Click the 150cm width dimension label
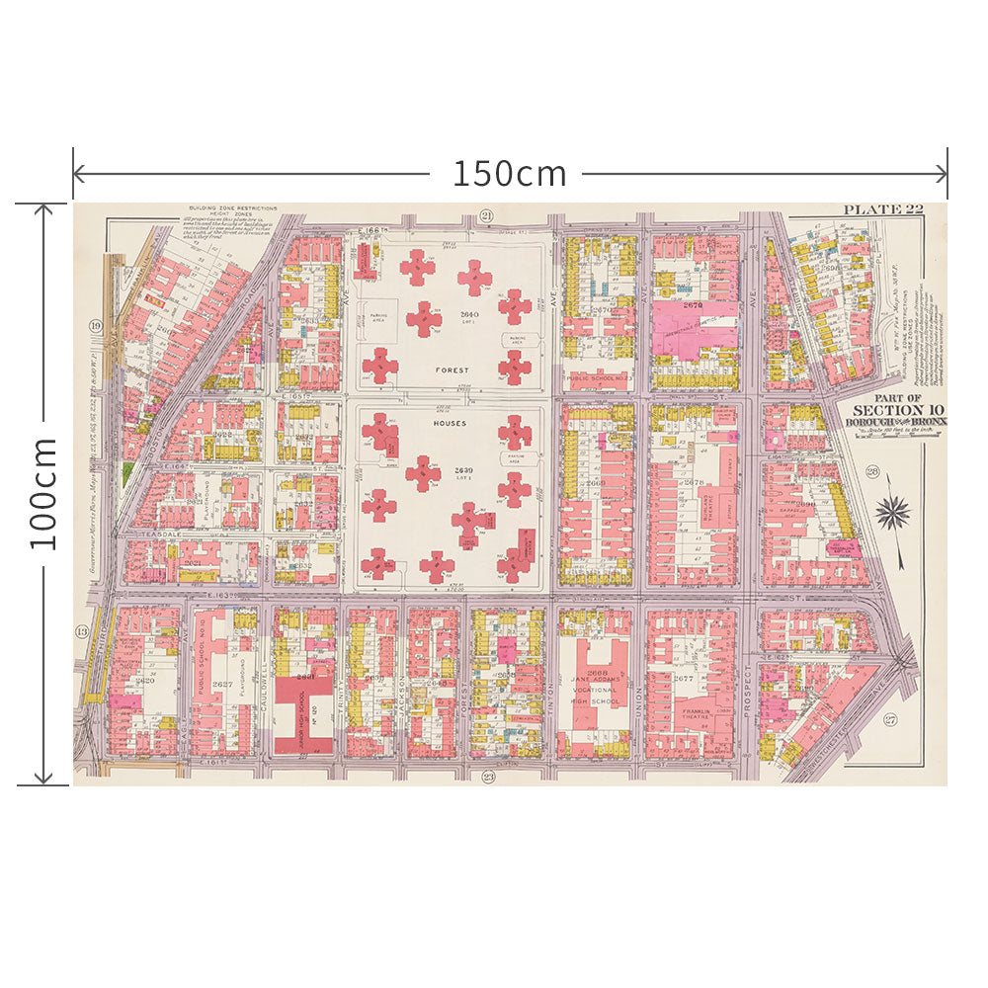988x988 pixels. pyautogui.click(x=510, y=174)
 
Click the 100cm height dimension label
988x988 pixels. pyautogui.click(x=41, y=494)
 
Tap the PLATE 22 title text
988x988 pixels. pyautogui.click(x=882, y=209)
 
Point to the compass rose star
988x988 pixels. pyautogui.click(x=895, y=510)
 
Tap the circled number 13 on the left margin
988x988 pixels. pyautogui.click(x=82, y=631)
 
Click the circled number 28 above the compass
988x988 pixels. pyautogui.click(x=872, y=470)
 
